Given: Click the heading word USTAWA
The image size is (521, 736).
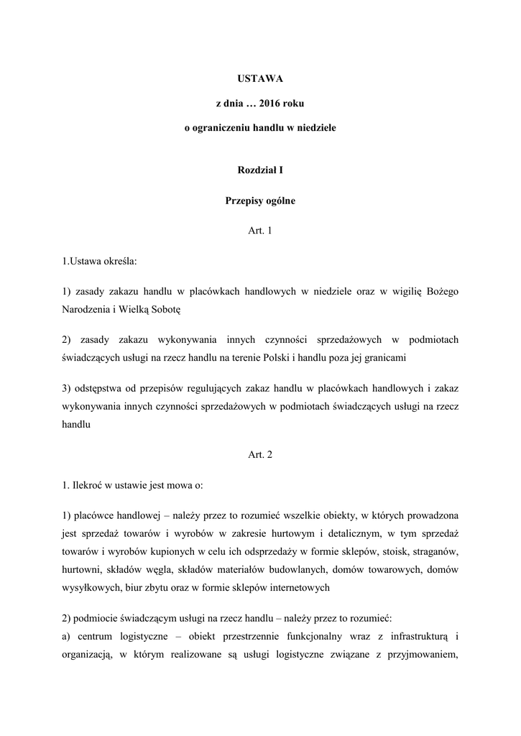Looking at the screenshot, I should tap(260, 76).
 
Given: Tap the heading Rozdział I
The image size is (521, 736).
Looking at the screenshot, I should tap(260, 170).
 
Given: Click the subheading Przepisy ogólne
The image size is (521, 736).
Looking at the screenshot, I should tap(260, 201).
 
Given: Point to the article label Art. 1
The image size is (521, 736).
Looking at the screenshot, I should tap(260, 231).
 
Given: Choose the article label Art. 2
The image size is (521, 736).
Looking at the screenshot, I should tap(260, 454).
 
